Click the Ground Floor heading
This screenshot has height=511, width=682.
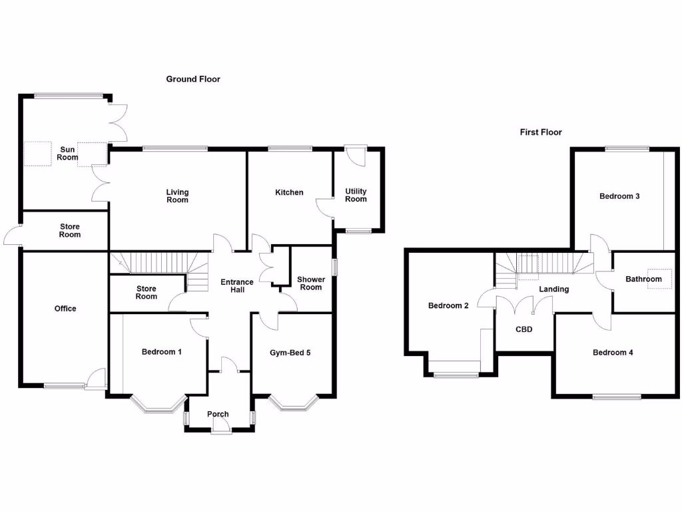[193, 79]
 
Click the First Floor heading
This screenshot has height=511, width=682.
[541, 132]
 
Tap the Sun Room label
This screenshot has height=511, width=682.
[67, 153]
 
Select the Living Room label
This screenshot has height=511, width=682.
[177, 196]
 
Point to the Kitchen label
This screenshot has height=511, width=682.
[289, 192]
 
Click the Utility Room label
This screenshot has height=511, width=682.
[356, 195]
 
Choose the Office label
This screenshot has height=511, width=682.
[65, 309]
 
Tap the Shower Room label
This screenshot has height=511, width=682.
[310, 283]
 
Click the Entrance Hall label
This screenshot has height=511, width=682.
[237, 286]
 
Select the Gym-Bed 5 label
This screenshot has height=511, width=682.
[290, 353]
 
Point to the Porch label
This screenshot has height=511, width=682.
[218, 414]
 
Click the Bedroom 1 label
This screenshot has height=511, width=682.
[162, 352]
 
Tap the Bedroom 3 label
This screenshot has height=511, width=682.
[619, 196]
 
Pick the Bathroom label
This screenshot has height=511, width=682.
[643, 279]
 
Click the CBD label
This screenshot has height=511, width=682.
[524, 329]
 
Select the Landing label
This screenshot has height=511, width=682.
[553, 289]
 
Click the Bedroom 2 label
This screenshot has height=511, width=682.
[448, 306]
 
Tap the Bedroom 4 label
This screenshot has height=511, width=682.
[613, 353]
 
